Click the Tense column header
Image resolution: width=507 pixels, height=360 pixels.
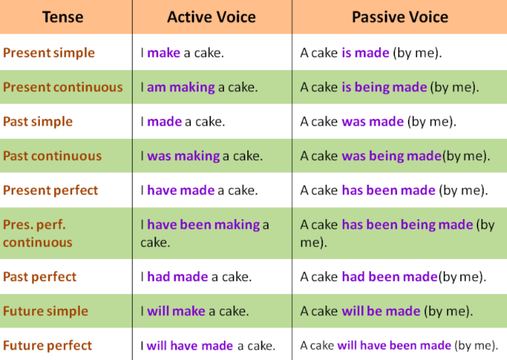pyautogui.click(x=63, y=16)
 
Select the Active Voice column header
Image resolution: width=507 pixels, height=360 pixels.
pyautogui.click(x=212, y=16)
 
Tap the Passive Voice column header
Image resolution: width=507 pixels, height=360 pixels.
pyautogui.click(x=400, y=16)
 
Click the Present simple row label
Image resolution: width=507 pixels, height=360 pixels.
pyautogui.click(x=49, y=53)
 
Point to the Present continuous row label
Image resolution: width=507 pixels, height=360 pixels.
pyautogui.click(x=63, y=87)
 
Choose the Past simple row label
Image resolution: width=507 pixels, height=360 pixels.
pyautogui.click(x=38, y=122)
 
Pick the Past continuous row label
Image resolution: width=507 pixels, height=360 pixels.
pyautogui.click(x=52, y=156)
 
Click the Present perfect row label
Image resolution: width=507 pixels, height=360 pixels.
pyautogui.click(x=50, y=190)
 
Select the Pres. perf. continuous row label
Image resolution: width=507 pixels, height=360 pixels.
pyautogui.click(x=38, y=233)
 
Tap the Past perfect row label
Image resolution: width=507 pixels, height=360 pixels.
pyautogui.click(x=40, y=277)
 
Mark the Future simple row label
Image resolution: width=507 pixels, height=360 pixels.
pyautogui.click(x=45, y=311)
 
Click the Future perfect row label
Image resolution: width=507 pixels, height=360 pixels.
pyautogui.click(x=47, y=346)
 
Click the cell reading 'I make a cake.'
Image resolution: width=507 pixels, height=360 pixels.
pyautogui.click(x=182, y=53)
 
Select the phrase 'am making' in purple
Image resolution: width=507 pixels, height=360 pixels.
pyautogui.click(x=181, y=87)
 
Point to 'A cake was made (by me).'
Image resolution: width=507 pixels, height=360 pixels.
pyautogui.click(x=378, y=122)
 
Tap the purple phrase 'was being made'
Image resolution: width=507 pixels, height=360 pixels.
pyautogui.click(x=392, y=156)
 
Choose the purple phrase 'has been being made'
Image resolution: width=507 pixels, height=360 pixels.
pyautogui.click(x=407, y=225)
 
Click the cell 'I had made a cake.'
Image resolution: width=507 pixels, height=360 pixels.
pyautogui.click(x=196, y=277)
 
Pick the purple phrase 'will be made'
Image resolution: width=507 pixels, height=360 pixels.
pyautogui.click(x=381, y=311)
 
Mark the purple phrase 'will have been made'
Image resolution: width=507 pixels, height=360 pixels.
pyautogui.click(x=394, y=346)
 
